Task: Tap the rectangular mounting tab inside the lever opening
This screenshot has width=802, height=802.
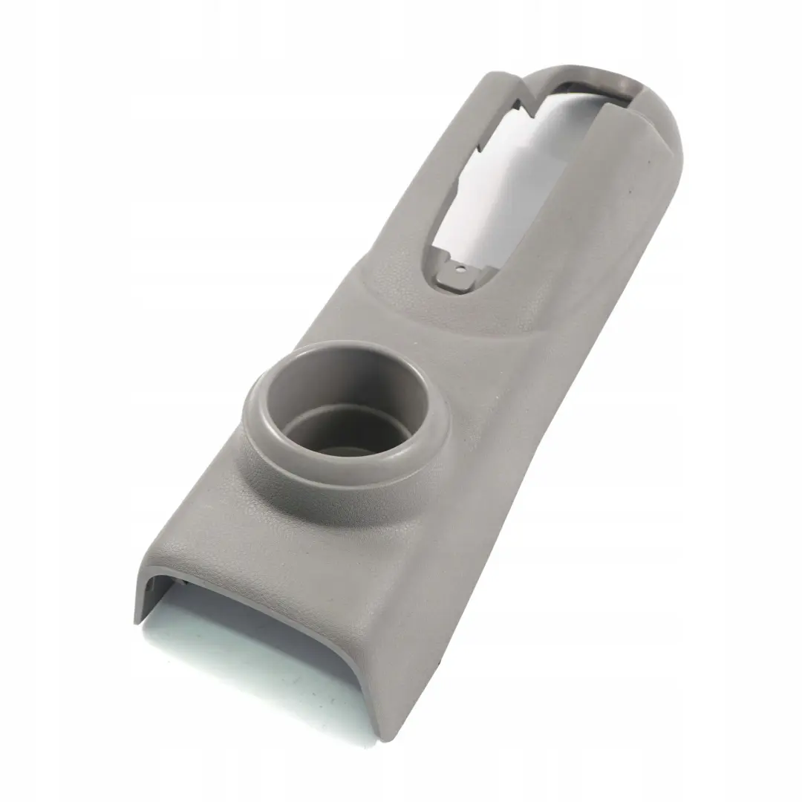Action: click(455, 277)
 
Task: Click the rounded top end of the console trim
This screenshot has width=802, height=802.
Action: click(653, 111)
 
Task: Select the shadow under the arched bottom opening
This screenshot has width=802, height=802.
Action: click(245, 653)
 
